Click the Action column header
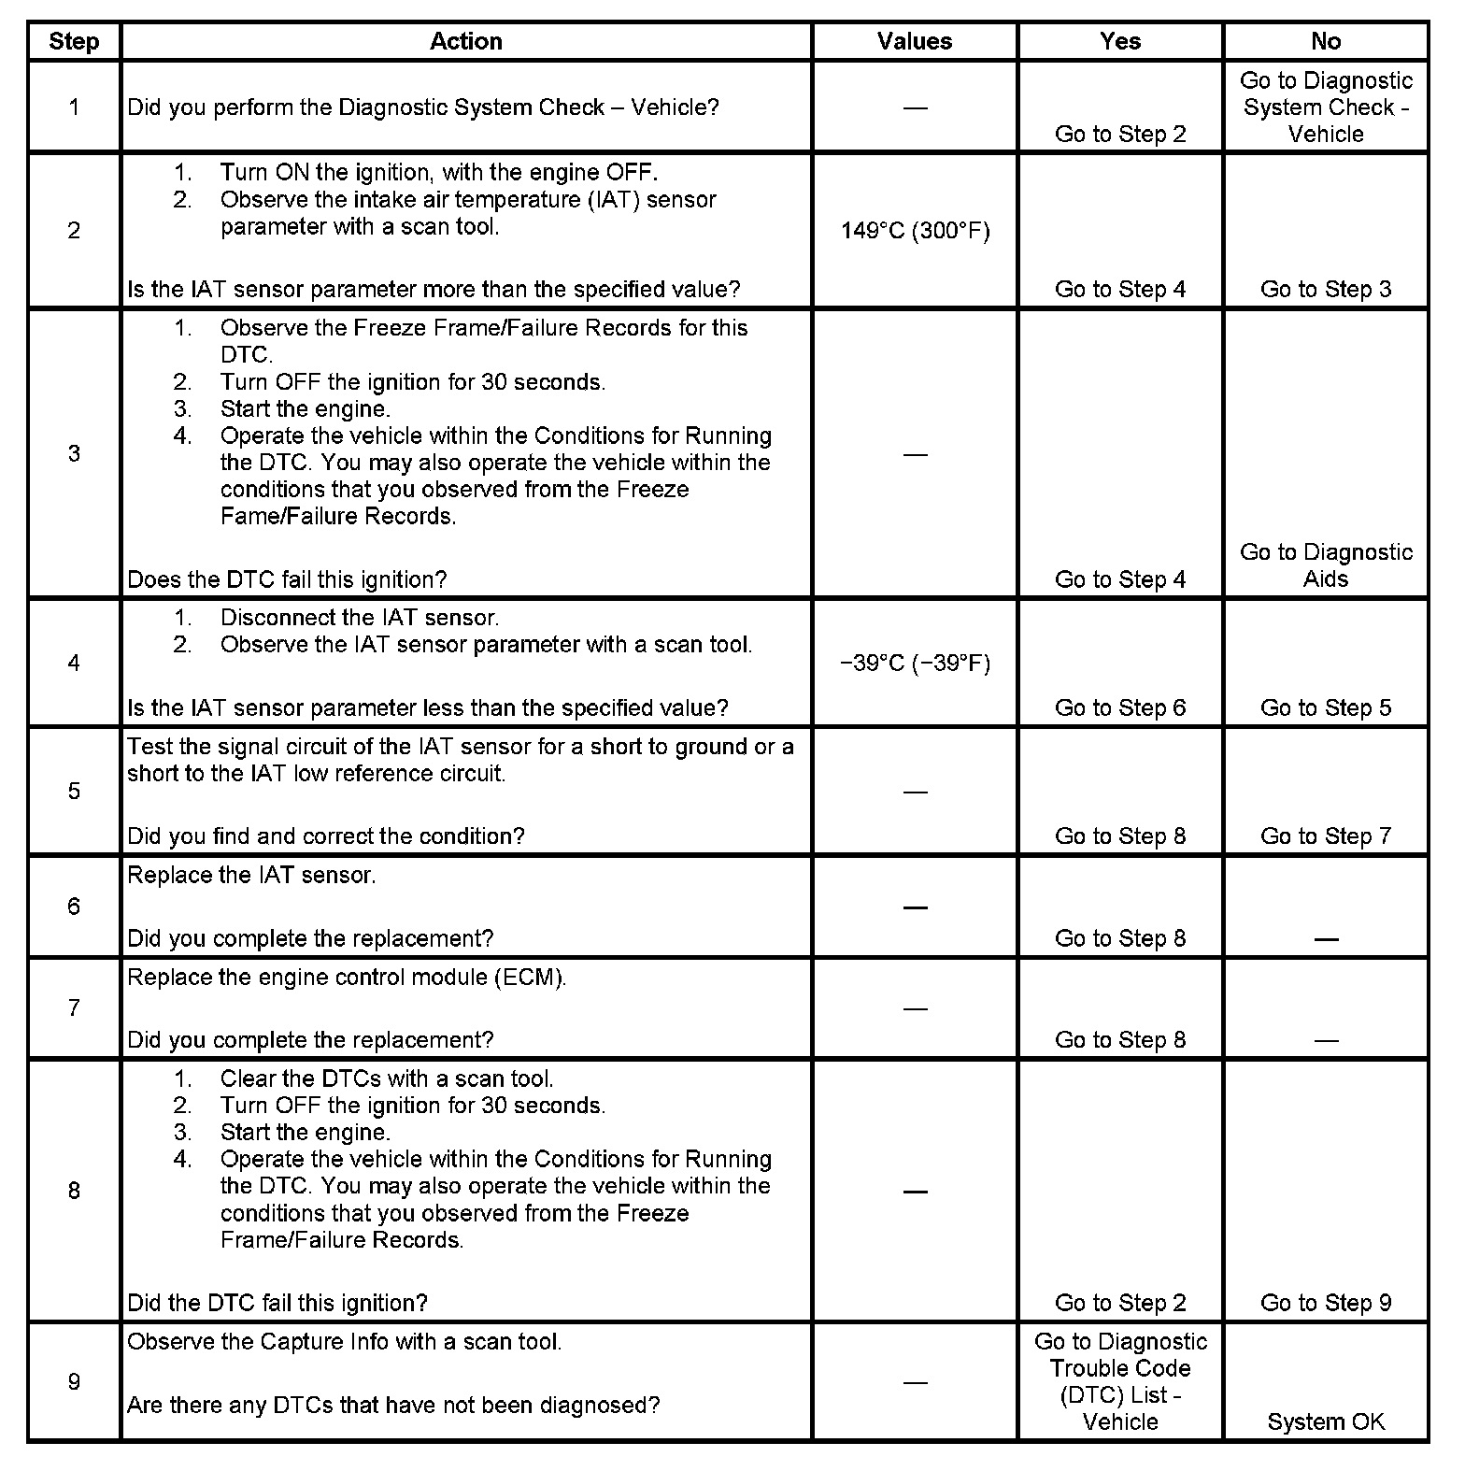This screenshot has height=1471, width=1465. pyautogui.click(x=465, y=41)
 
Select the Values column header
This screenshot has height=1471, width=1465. pyautogui.click(x=914, y=41)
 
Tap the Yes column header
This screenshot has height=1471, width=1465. pyautogui.click(x=1119, y=41)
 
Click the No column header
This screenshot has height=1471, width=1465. pyautogui.click(x=1325, y=41)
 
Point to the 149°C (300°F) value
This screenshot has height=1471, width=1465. pyautogui.click(x=915, y=231)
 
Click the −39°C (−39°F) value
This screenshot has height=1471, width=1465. pyautogui.click(x=915, y=664)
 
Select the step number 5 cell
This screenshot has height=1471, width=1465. pyautogui.click(x=74, y=792)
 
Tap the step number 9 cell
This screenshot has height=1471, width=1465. pyautogui.click(x=74, y=1381)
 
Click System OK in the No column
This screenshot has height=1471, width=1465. pyautogui.click(x=1325, y=1421)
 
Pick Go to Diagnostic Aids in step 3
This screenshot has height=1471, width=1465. pyautogui.click(x=1325, y=565)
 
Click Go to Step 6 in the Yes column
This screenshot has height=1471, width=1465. pyautogui.click(x=1119, y=707)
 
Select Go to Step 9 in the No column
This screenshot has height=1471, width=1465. pyautogui.click(x=1325, y=1303)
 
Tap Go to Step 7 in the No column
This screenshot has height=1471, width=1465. pyautogui.click(x=1325, y=835)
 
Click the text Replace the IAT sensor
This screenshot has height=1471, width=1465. pyautogui.click(x=251, y=876)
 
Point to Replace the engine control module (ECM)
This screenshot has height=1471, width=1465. pyautogui.click(x=347, y=978)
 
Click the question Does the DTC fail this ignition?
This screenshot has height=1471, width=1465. pyautogui.click(x=287, y=579)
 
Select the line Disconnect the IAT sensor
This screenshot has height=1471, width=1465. pyautogui.click(x=359, y=618)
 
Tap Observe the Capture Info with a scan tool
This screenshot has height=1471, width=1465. pyautogui.click(x=344, y=1342)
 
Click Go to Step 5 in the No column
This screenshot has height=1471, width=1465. pyautogui.click(x=1325, y=707)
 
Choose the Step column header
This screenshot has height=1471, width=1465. pyautogui.click(x=74, y=41)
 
